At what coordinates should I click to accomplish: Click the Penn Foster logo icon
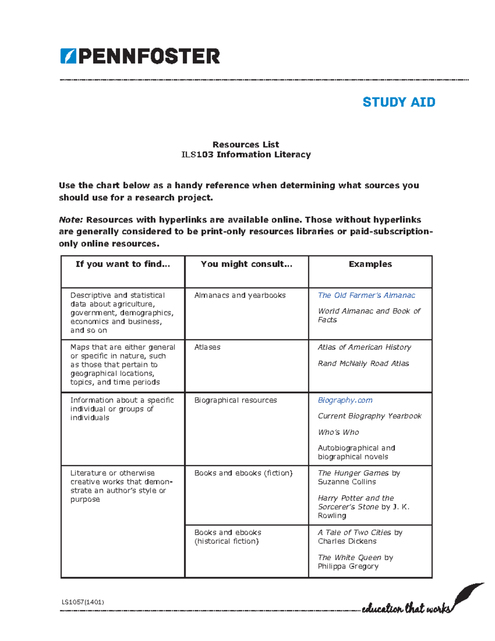[x=68, y=56]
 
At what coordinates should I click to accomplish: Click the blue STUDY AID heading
[x=398, y=102]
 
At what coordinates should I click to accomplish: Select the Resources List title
[x=245, y=144]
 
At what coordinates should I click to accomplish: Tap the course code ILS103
[x=197, y=154]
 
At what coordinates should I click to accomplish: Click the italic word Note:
[x=71, y=220]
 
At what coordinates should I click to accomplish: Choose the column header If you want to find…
[x=123, y=264]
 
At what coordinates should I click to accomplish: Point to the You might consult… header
[x=246, y=264]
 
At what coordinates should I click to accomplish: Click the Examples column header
[x=370, y=264]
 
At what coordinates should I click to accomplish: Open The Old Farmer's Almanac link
[x=366, y=295]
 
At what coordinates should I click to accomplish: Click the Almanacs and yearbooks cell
[x=240, y=295]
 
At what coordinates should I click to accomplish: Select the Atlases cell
[x=207, y=347]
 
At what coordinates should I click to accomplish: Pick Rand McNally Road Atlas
[x=363, y=363]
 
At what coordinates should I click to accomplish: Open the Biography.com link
[x=345, y=400]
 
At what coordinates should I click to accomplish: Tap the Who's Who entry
[x=338, y=432]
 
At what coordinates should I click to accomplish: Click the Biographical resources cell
[x=235, y=400]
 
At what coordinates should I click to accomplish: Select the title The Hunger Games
[x=353, y=473]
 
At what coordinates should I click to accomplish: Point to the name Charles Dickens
[x=347, y=541]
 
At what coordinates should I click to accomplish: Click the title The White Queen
[x=349, y=558]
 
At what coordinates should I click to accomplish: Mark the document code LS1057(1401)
[x=82, y=602]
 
